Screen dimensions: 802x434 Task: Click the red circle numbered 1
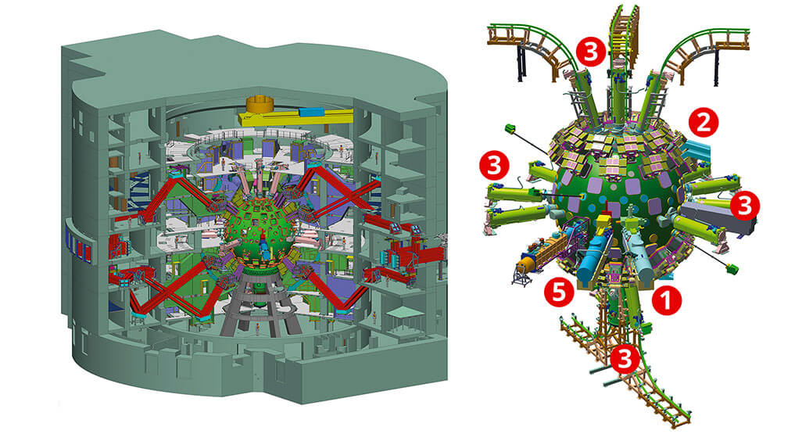point(666,300)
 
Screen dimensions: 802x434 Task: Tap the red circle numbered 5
point(558,292)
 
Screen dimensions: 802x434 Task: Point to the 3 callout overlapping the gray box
point(744,206)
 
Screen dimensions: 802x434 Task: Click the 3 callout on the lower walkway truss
point(625,359)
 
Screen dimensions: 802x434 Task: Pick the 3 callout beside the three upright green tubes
point(591,52)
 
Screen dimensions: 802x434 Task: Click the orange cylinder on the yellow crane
point(261,105)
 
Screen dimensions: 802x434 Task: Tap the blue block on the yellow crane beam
point(309,112)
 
